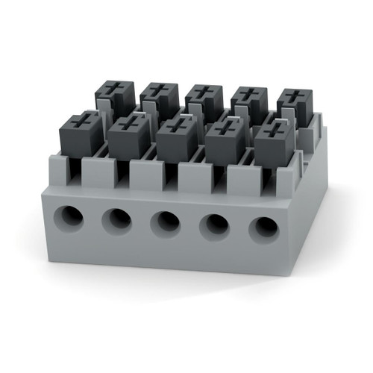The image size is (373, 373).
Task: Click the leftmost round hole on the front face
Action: pyautogui.click(x=72, y=216)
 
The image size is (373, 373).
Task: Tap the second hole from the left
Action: pyautogui.click(x=117, y=219)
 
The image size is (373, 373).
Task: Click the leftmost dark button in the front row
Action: pyautogui.click(x=81, y=134)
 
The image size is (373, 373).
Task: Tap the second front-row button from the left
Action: pyautogui.click(x=128, y=136)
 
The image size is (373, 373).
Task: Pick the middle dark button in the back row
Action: pyautogui.click(x=204, y=103)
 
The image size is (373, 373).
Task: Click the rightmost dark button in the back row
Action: pyautogui.click(x=294, y=108)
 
